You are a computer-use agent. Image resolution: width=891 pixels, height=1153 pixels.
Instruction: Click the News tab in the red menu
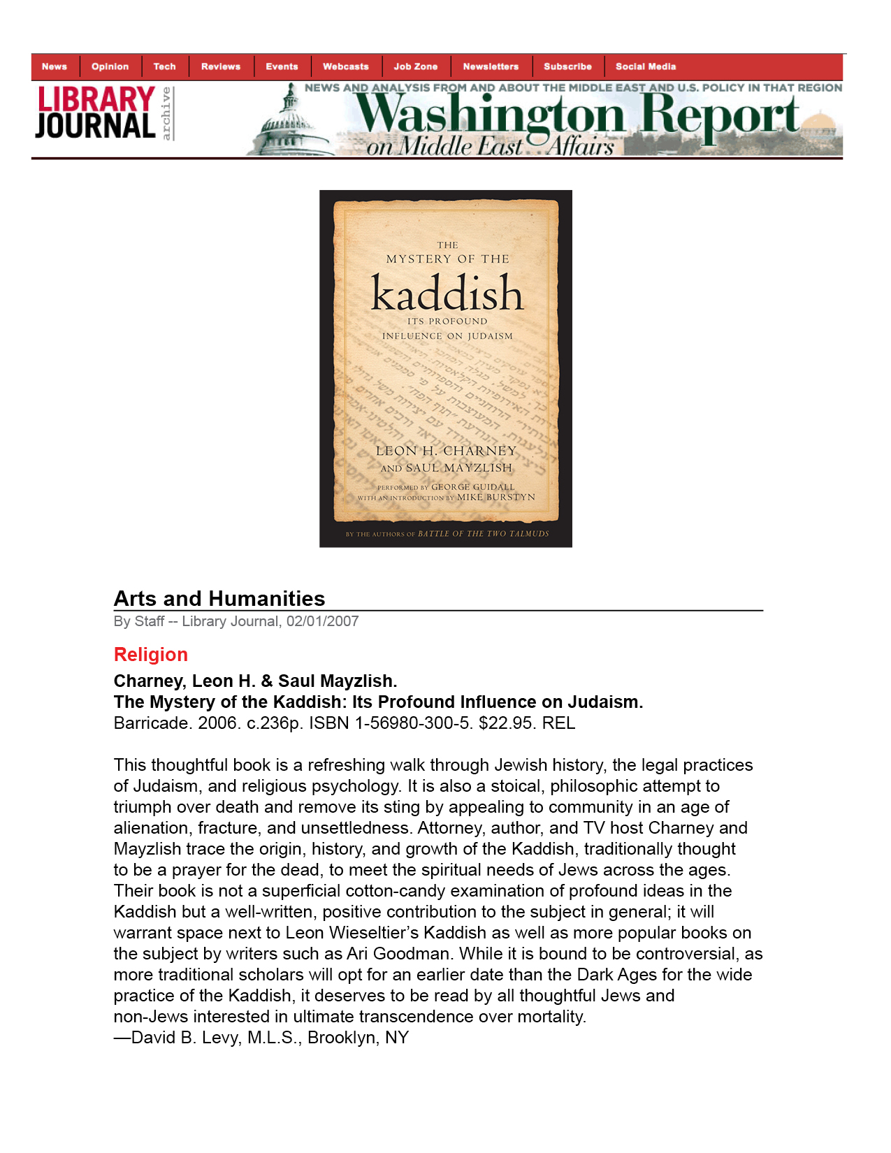[x=55, y=67]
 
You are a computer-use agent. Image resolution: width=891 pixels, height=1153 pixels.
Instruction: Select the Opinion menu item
[x=110, y=67]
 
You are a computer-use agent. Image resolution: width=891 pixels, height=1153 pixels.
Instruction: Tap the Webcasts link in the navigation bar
[x=345, y=67]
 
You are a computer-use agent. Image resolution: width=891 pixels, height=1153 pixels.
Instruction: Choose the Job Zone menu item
[x=415, y=67]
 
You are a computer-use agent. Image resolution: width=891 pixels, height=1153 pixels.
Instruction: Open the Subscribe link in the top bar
[x=567, y=67]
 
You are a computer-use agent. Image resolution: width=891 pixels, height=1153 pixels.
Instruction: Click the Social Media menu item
[x=646, y=67]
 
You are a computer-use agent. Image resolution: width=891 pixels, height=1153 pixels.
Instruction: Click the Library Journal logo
[x=96, y=113]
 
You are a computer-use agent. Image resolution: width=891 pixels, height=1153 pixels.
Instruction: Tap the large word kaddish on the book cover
[x=447, y=293]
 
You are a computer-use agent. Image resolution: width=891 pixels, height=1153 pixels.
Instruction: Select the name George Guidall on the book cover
[x=472, y=487]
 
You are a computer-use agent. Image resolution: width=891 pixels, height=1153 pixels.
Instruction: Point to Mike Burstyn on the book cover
[x=496, y=498]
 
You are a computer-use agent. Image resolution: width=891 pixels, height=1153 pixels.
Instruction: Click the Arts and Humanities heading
[x=219, y=599]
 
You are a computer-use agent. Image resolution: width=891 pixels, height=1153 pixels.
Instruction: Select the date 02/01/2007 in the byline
[x=322, y=621]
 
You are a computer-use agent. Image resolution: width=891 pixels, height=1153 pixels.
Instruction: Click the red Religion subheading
[x=151, y=655]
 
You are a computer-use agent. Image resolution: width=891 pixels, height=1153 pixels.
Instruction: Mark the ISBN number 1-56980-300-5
[x=413, y=723]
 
